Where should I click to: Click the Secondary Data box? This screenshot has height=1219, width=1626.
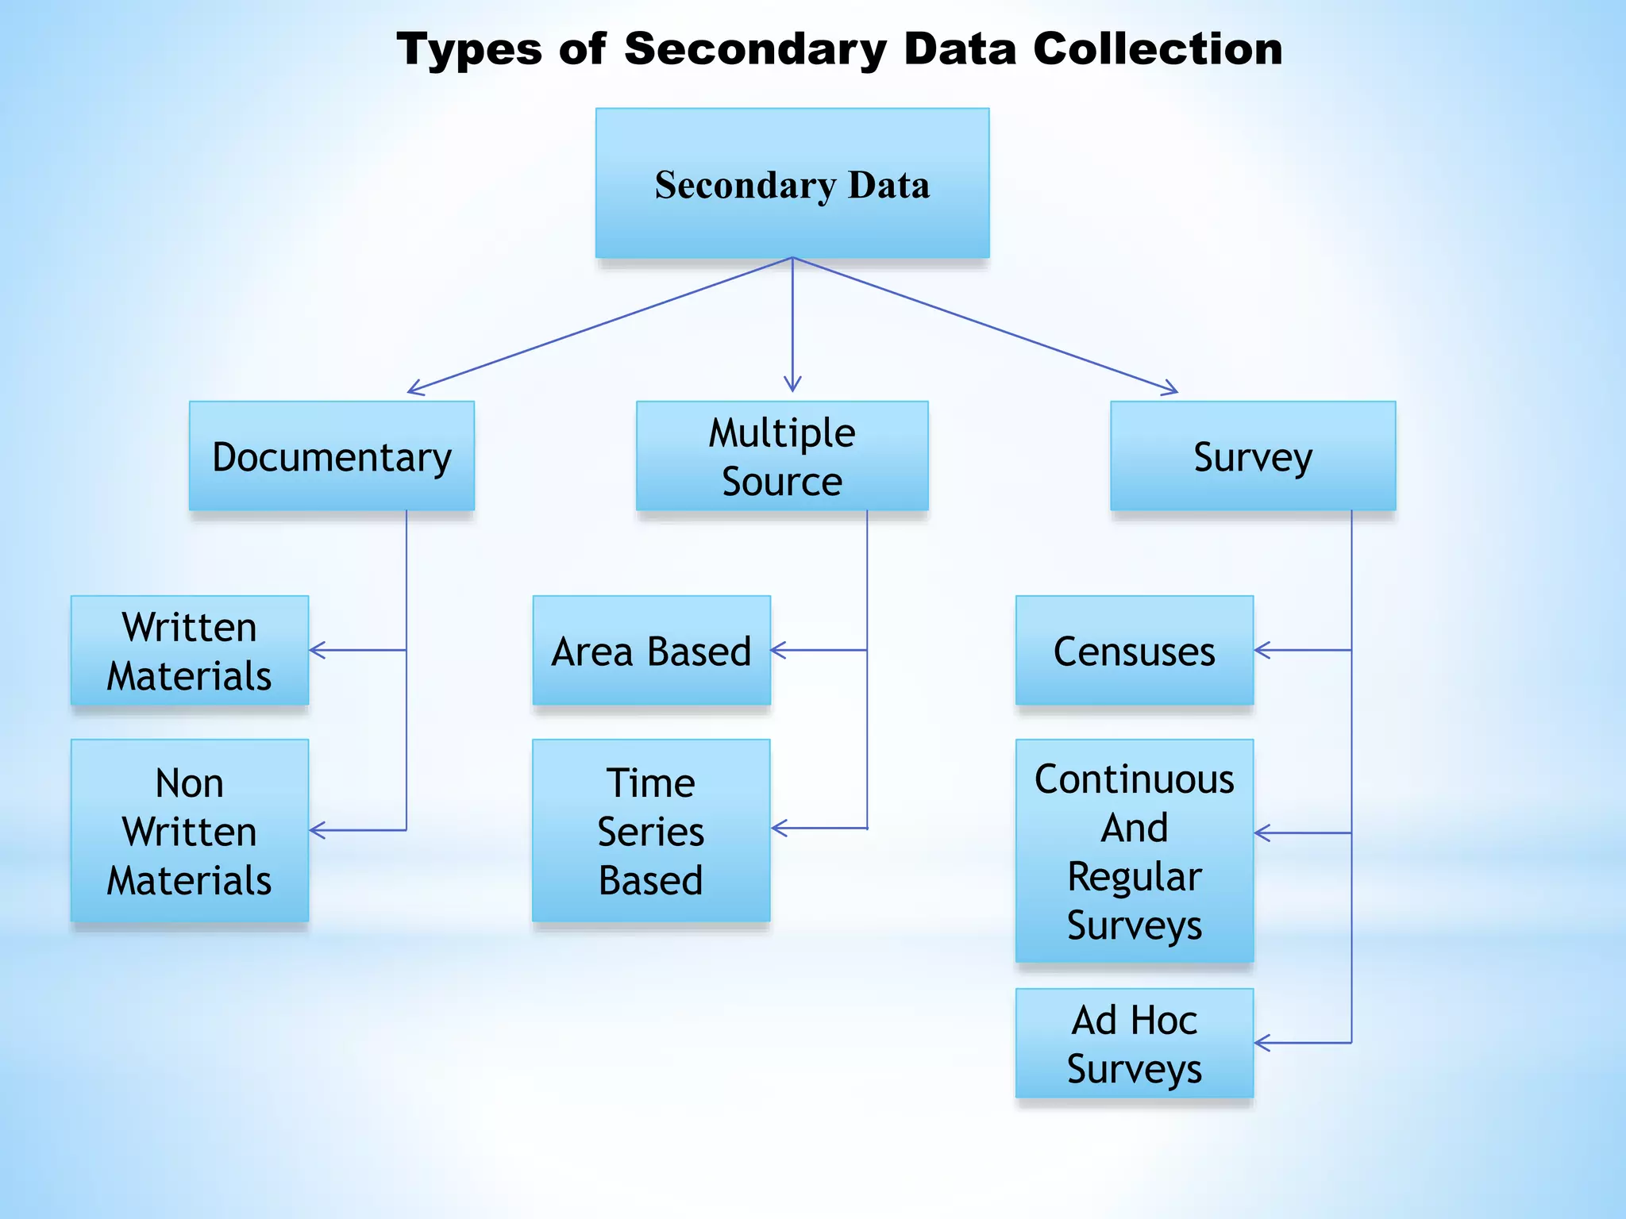tap(792, 183)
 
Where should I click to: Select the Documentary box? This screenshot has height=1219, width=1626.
tap(332, 456)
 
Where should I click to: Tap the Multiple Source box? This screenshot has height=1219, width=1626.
tap(782, 456)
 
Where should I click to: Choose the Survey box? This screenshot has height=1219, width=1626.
tap(1253, 456)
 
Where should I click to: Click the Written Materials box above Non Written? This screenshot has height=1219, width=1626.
tap(190, 651)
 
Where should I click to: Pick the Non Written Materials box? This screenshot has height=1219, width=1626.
tap(190, 831)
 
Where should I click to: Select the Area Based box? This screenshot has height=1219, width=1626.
tap(651, 651)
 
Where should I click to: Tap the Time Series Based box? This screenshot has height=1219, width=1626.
tap(651, 831)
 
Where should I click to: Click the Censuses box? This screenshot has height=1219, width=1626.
tap(1135, 651)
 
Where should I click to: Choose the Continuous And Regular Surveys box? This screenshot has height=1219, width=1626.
tap(1135, 852)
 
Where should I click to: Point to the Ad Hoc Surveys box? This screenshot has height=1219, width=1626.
tap(1135, 1044)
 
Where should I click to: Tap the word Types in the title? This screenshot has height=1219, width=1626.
tap(469, 49)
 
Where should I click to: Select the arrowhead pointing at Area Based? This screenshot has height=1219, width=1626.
tap(778, 650)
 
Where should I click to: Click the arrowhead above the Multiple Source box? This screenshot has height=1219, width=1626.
tap(792, 384)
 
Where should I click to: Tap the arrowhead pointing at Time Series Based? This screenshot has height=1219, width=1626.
tap(779, 829)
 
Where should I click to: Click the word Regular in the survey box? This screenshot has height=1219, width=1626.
tap(1135, 877)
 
